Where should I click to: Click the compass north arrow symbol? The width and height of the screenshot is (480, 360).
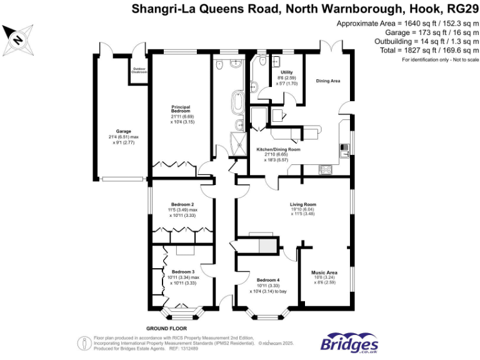click(x=17, y=38)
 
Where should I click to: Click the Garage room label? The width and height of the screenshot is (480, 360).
click(x=114, y=131)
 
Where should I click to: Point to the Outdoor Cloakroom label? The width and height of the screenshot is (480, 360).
click(x=139, y=70)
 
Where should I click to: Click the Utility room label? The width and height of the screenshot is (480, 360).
click(x=286, y=72)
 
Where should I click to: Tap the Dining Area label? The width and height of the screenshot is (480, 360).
click(x=327, y=81)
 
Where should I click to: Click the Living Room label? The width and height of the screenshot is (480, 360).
click(x=302, y=204)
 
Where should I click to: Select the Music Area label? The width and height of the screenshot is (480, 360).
click(x=324, y=272)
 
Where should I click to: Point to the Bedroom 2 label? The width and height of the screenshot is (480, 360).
click(x=182, y=204)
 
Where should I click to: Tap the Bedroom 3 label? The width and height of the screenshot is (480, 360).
click(x=183, y=272)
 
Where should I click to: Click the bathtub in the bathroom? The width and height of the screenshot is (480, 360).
click(x=239, y=102)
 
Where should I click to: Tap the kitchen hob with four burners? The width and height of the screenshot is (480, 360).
click(x=325, y=169)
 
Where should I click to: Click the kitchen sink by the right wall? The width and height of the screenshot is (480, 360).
click(x=344, y=150)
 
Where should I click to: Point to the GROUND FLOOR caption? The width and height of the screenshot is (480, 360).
click(x=166, y=328)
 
